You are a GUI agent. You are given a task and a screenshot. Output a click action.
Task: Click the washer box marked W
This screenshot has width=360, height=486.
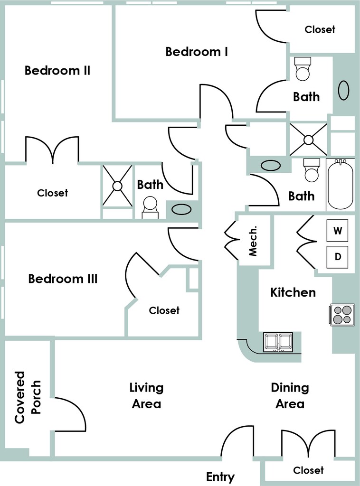tap(338, 231)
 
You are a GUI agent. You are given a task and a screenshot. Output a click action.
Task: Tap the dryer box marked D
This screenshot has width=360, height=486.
tap(338, 257)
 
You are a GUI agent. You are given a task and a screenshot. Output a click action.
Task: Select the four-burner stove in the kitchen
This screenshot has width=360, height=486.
tap(342, 314)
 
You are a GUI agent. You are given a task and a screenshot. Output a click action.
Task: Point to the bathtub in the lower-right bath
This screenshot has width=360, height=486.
tap(340, 186)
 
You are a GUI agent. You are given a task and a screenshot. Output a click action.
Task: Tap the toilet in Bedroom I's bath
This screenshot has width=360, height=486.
tap(303, 69)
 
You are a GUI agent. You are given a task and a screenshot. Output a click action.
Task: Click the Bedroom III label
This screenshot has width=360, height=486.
tap(63, 279)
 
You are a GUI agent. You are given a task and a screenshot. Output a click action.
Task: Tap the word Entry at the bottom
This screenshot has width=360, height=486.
tap(220, 477)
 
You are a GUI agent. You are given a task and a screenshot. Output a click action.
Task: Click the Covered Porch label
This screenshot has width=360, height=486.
tap(28, 397)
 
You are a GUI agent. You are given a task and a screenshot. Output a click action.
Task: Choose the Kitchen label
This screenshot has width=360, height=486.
tap(293, 292)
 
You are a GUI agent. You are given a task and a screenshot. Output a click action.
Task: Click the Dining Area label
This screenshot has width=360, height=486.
tap(290, 396)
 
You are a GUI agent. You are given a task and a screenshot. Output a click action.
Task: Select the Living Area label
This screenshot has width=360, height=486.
tap(146, 396)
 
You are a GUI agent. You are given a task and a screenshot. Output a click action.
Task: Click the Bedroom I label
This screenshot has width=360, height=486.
tap(197, 52)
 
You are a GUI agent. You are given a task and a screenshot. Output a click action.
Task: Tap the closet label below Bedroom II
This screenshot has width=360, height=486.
tap(52, 193)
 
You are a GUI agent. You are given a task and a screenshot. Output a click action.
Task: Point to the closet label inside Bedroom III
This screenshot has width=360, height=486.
tap(164, 310)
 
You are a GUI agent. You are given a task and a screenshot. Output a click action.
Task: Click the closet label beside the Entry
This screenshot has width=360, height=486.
tap(308, 470)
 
